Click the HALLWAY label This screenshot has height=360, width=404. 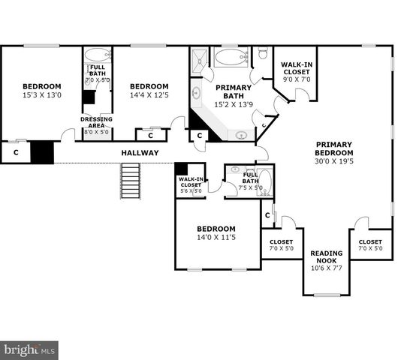(x=140, y=153)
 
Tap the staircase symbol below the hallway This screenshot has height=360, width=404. (x=131, y=181)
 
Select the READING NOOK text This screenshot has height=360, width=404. (x=327, y=257)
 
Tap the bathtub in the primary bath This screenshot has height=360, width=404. (x=233, y=56)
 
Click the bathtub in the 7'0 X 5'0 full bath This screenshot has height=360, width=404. (x=96, y=55)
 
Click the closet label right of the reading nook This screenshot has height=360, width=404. (x=369, y=245)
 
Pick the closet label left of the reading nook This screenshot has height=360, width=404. (x=281, y=245)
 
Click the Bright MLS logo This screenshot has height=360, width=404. (x=30, y=349)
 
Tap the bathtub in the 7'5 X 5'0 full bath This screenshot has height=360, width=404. (x=265, y=184)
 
